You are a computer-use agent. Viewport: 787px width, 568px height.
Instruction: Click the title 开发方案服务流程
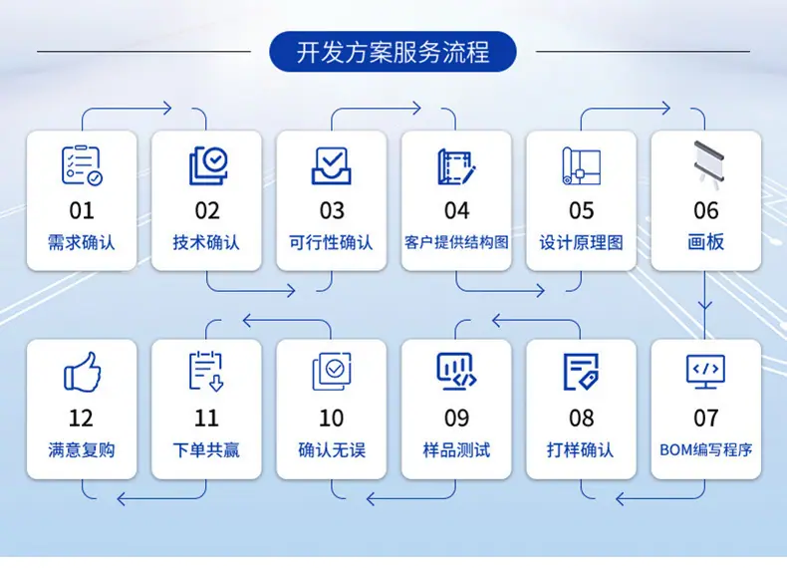393,52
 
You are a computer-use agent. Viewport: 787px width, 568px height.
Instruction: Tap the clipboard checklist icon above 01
82,165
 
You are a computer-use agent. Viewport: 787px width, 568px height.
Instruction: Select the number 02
207,211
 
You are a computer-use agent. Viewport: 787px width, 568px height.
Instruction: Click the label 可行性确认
331,242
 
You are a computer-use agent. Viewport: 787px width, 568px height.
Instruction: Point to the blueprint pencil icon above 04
456,166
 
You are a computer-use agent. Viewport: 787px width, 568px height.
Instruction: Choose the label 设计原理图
581,242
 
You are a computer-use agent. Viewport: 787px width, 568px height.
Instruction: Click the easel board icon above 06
708,164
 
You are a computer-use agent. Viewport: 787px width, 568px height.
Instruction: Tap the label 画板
705,242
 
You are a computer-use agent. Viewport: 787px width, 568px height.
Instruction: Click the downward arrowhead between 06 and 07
705,305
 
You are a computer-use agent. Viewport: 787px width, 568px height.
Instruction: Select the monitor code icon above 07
705,372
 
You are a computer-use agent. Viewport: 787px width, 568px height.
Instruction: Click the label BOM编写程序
705,450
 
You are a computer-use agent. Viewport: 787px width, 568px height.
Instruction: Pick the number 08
581,419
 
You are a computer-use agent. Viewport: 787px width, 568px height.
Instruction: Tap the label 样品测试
456,450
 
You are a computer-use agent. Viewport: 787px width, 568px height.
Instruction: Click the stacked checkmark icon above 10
332,372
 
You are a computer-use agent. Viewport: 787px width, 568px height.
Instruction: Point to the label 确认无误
332,450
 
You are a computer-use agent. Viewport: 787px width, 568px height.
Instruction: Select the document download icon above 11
206,371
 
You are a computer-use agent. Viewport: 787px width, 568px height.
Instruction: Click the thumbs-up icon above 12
83,372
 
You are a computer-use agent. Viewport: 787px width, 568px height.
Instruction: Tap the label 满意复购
82,450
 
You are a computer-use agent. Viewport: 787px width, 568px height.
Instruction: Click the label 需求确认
82,242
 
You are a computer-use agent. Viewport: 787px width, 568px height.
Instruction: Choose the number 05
581,211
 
